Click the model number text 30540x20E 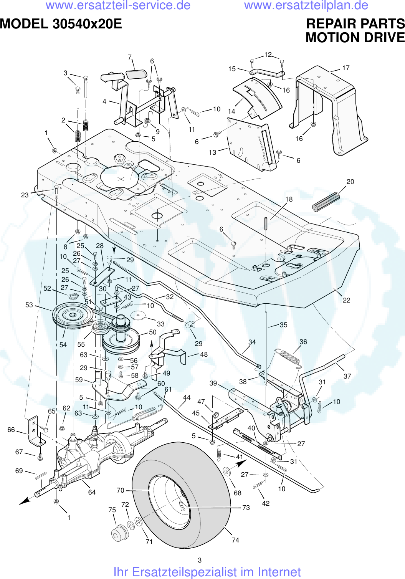click(x=87, y=24)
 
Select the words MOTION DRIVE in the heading click(x=355, y=38)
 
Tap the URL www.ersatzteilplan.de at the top click(x=306, y=5)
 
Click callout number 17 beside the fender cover click(x=345, y=68)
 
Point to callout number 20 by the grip click(x=350, y=182)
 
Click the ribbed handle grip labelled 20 click(x=326, y=202)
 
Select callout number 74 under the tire click(x=235, y=540)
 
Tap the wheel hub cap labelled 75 click(x=119, y=533)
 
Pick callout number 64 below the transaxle click(x=92, y=492)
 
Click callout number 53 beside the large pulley click(x=29, y=305)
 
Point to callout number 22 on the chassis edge click(x=346, y=300)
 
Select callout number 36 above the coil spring click(x=303, y=342)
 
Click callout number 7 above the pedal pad click(x=130, y=57)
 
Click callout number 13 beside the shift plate click(x=212, y=152)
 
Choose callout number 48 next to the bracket click(x=204, y=354)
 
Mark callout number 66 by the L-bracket click(x=11, y=430)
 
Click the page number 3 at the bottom click(x=200, y=560)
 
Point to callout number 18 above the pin click(x=289, y=199)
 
